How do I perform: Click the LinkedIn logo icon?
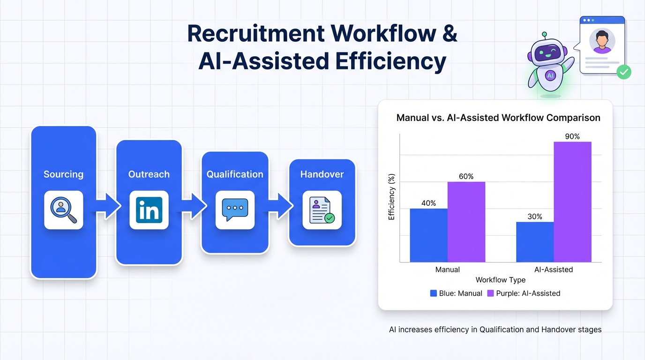pos(149,210)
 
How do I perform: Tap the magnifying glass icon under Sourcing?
pos(64,210)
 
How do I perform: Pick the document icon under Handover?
pos(322,210)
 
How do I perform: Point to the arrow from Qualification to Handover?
pos(279,206)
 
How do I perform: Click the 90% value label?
pos(572,136)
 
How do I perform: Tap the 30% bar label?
pos(535,217)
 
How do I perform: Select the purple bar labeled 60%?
pos(466,222)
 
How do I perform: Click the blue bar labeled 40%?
pos(429,235)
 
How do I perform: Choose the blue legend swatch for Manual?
pos(433,293)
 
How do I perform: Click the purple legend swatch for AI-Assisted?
pos(490,293)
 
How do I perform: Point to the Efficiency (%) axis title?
pos(391,197)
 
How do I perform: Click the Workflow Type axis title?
pos(501,280)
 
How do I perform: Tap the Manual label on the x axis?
pos(448,270)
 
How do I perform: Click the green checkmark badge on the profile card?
pos(624,72)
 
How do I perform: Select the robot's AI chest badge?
pos(550,76)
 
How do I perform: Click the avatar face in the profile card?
pos(602,41)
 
